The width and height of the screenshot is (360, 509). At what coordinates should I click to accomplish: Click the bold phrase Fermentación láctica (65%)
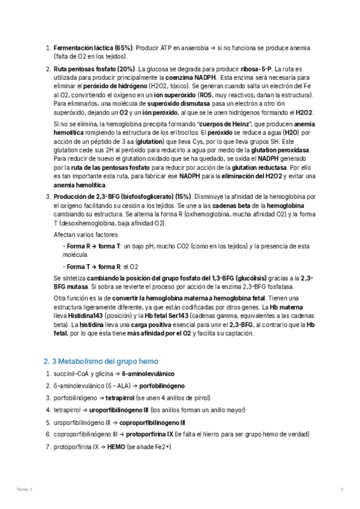coord(93,47)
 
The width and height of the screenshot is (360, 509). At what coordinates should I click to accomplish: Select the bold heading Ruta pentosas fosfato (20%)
coord(95,68)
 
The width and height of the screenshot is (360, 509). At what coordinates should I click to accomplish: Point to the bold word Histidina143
coord(74,316)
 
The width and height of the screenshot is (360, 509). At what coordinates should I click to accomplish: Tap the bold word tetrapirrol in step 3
coord(119,398)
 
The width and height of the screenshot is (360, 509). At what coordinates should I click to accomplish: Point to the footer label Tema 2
coord(25,490)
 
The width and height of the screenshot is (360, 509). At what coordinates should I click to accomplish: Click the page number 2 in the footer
coord(341,490)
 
